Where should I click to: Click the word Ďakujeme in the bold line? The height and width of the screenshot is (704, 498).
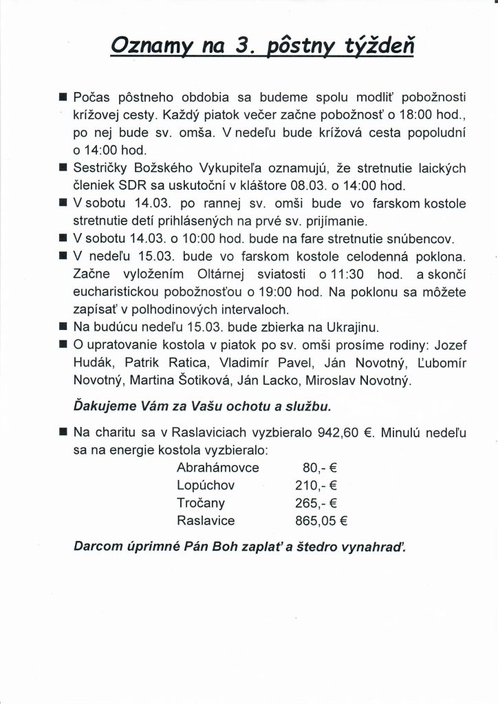(103, 408)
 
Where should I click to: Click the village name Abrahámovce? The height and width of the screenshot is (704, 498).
(217, 468)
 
